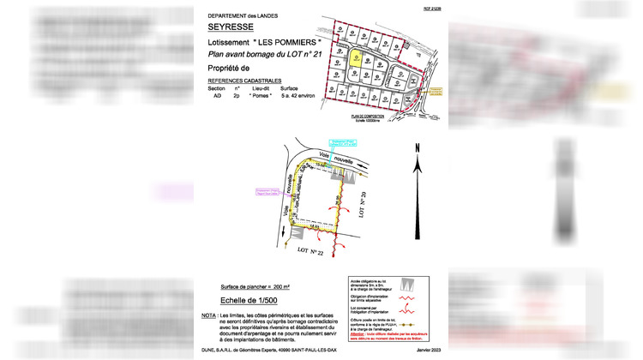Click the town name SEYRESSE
(230, 27)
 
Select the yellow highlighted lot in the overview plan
(355, 59)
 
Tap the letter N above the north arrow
(416, 148)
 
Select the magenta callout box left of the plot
(268, 192)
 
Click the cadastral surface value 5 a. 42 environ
(300, 97)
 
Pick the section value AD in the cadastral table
(218, 97)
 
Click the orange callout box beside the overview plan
(435, 89)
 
